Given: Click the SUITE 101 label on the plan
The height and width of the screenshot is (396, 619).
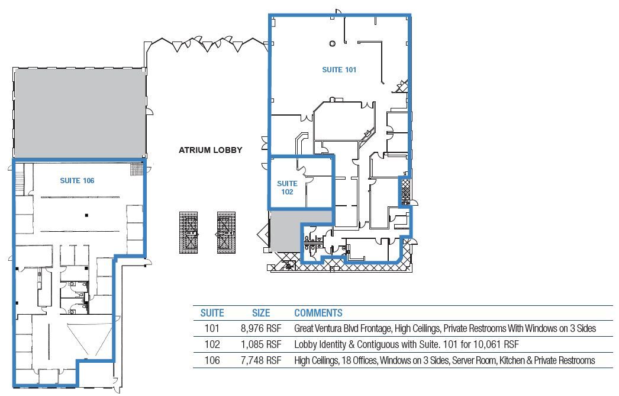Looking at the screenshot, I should click(x=339, y=69).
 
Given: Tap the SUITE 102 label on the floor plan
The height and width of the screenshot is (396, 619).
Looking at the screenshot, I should click(x=287, y=188).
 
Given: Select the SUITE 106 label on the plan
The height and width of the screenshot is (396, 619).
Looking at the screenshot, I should click(x=77, y=180).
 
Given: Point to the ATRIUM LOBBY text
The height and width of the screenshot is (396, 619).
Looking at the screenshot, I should click(x=211, y=150).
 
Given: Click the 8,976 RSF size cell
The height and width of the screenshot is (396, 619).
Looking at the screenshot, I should click(x=260, y=328).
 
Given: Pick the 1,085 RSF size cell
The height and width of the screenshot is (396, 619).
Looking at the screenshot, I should click(x=260, y=344).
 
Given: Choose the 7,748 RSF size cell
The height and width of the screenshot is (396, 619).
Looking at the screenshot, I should click(x=260, y=360).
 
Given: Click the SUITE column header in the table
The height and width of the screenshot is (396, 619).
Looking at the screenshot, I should click(x=212, y=313).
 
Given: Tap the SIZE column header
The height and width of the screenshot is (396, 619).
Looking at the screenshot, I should click(x=260, y=313).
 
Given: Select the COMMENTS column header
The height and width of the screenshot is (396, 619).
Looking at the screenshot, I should click(x=318, y=313).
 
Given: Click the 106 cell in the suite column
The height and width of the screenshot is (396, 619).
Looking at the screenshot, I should click(x=212, y=360).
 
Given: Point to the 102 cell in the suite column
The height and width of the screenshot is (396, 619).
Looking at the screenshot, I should click(x=212, y=344).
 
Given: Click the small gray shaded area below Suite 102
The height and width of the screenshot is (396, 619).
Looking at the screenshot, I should click(x=285, y=231).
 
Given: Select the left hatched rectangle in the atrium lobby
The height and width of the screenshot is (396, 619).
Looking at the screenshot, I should click(x=188, y=232).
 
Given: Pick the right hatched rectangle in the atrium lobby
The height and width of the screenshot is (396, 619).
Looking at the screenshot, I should click(x=225, y=232).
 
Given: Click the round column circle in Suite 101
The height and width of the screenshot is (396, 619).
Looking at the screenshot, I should click(x=333, y=43).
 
